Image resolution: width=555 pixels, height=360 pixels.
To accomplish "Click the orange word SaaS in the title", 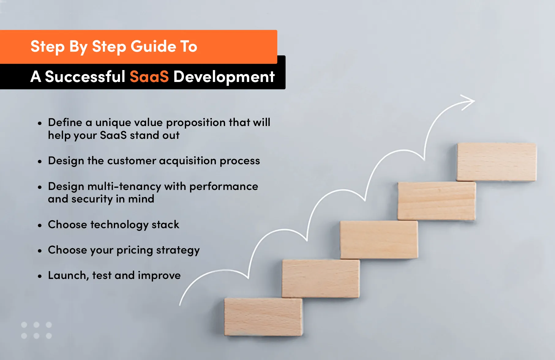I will (x=149, y=76).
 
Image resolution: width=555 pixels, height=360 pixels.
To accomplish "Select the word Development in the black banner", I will (x=224, y=76).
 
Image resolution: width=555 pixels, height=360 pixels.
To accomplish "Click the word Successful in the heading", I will (x=85, y=76).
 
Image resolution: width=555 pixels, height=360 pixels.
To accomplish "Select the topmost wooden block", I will (x=496, y=162).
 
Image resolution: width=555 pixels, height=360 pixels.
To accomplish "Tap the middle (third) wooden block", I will (x=379, y=240).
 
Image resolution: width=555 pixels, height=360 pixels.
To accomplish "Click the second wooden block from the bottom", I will (x=321, y=278).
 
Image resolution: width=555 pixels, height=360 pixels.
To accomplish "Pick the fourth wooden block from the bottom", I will (x=437, y=201).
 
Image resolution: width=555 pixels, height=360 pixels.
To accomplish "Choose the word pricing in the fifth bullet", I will (x=135, y=250).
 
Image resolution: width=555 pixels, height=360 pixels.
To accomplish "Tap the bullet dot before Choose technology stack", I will (x=40, y=225).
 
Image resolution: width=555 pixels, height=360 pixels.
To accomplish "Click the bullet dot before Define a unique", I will (x=40, y=124).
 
